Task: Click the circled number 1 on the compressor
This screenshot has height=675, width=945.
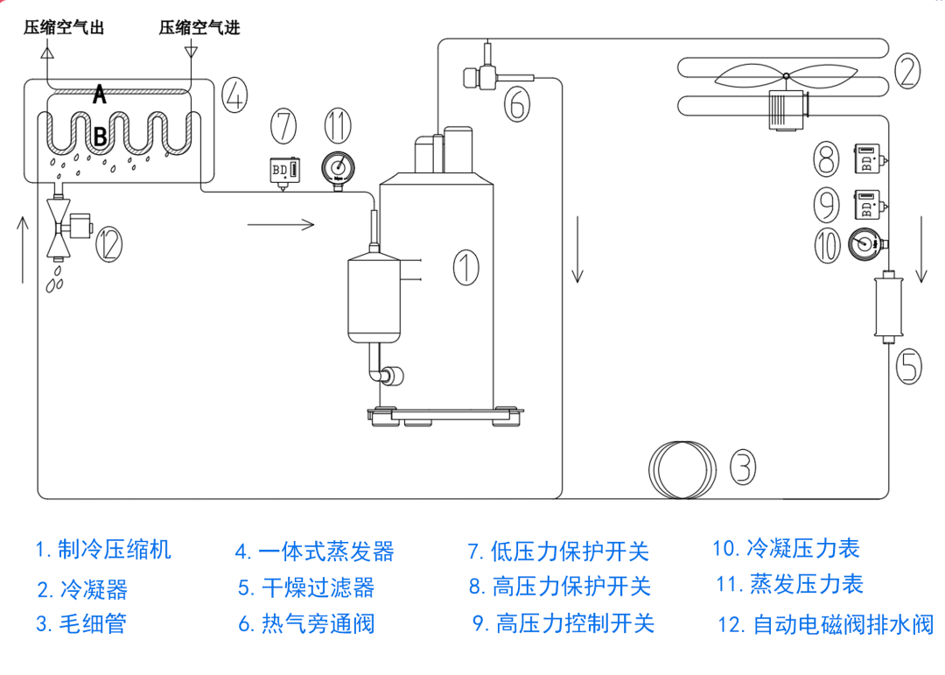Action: point(466,266)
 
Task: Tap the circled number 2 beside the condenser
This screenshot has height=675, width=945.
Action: point(906,69)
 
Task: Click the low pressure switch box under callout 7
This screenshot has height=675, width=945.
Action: point(282,170)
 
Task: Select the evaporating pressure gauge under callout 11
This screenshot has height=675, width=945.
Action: point(336,166)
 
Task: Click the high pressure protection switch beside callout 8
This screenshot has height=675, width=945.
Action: point(866,160)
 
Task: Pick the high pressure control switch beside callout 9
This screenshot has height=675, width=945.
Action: point(866,204)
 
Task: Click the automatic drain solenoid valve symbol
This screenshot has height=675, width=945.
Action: point(65,226)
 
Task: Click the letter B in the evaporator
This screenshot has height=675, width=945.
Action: point(100,136)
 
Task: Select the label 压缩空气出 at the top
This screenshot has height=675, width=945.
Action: point(64,27)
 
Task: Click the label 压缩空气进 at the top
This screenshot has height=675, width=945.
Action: point(199,27)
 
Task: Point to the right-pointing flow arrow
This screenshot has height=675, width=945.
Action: point(280,225)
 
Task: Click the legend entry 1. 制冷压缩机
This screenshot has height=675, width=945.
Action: point(103,550)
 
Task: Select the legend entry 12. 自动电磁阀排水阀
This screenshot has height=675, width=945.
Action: point(825,624)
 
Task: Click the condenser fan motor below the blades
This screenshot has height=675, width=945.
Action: point(787,109)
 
